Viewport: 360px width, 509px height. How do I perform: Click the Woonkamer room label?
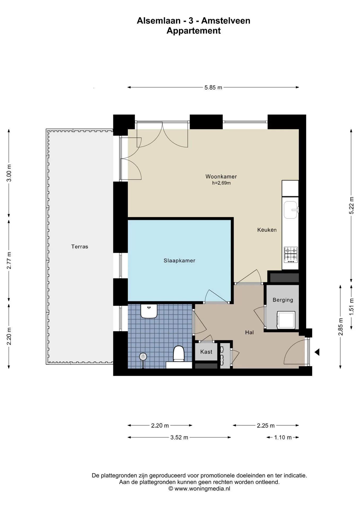[x=221, y=177]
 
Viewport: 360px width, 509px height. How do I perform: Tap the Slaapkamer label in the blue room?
[x=179, y=261]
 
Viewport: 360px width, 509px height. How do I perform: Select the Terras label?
[x=80, y=247]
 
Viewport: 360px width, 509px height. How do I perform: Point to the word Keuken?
[x=267, y=230]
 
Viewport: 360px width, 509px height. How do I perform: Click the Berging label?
[x=283, y=300]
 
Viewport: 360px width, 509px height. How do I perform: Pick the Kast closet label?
[x=206, y=352]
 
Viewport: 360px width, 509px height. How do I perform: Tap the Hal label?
[x=249, y=332]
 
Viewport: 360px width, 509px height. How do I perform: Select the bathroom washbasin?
[x=149, y=311]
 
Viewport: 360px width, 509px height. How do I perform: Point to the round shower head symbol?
[x=143, y=357]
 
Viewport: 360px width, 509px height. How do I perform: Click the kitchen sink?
[x=291, y=210]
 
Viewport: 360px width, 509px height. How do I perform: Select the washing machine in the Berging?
[x=286, y=320]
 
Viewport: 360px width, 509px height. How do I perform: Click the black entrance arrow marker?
[x=317, y=352]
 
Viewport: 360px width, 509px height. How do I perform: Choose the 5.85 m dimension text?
[x=213, y=87]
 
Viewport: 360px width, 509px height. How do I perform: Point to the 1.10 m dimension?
[x=283, y=437]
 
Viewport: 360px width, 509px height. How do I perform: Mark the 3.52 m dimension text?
[x=179, y=437]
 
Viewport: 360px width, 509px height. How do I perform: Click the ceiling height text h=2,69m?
[x=221, y=183]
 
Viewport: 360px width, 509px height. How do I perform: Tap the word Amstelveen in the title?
[x=226, y=21]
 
